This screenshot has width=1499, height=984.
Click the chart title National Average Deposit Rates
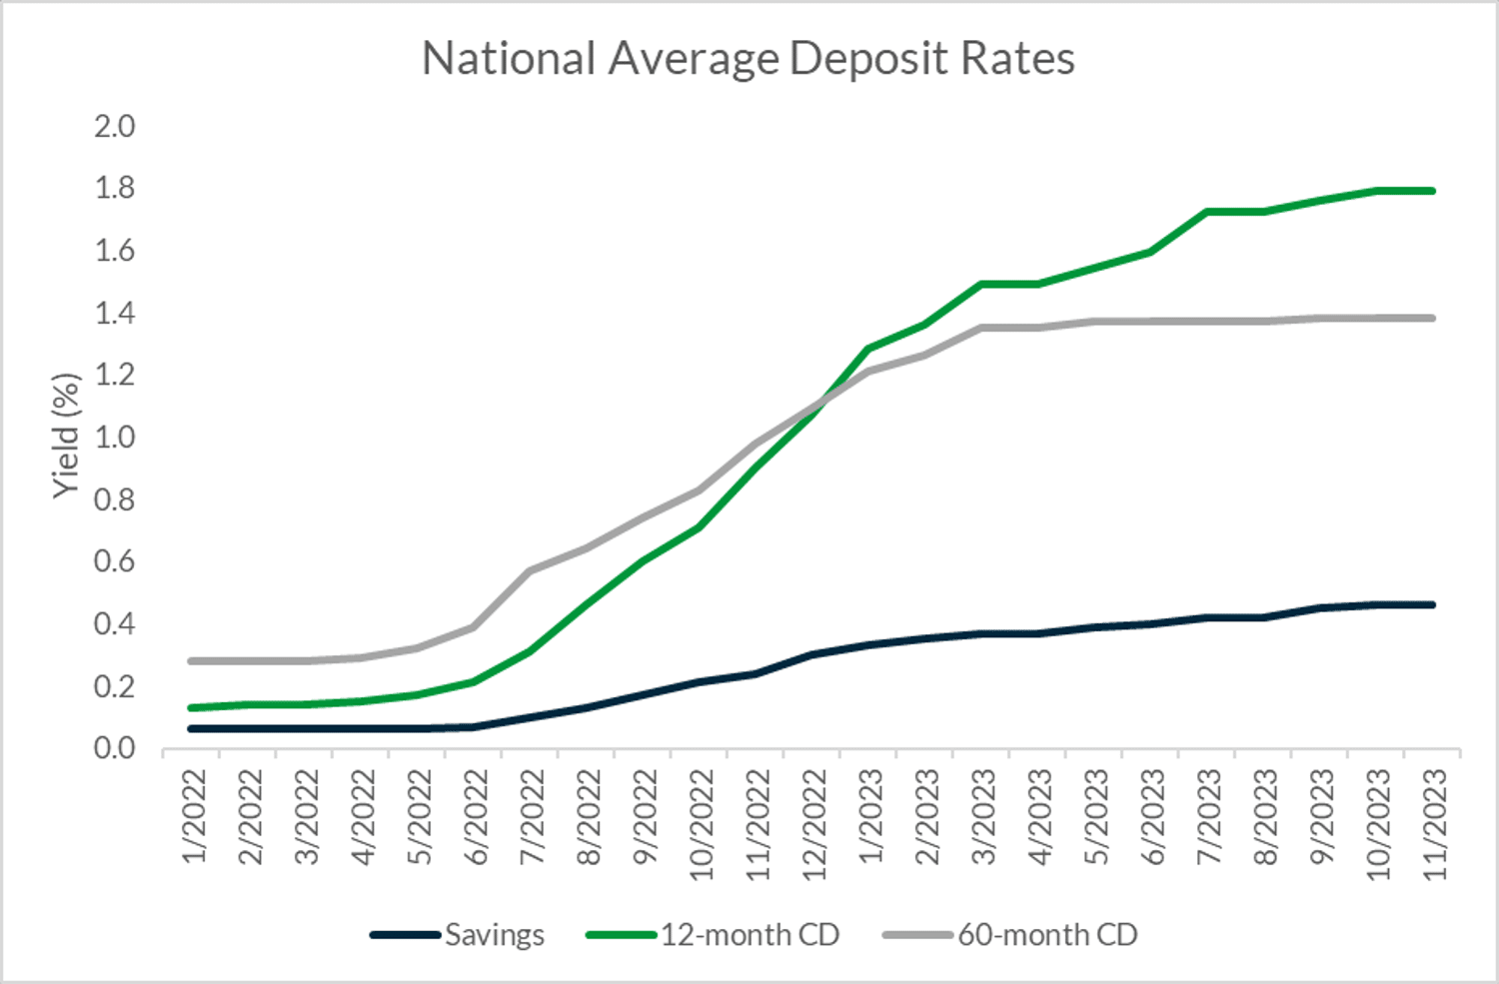click(x=748, y=58)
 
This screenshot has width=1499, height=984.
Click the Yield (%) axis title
click(x=65, y=436)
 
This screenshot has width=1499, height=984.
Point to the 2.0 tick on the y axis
click(x=114, y=127)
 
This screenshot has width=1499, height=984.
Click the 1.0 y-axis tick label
click(x=114, y=438)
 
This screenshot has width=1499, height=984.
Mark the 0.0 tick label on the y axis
click(x=114, y=748)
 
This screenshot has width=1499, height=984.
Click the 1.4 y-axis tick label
click(x=114, y=314)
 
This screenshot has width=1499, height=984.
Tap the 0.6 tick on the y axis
click(x=114, y=561)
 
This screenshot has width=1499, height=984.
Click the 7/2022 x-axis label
click(x=533, y=815)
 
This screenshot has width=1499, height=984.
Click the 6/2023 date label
click(x=1153, y=815)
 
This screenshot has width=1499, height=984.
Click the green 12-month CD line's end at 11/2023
click(x=1433, y=191)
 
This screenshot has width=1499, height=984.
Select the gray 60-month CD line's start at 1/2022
click(x=191, y=661)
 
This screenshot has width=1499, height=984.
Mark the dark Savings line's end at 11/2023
click(x=1433, y=604)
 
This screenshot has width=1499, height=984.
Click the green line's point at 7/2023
click(x=1207, y=212)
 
